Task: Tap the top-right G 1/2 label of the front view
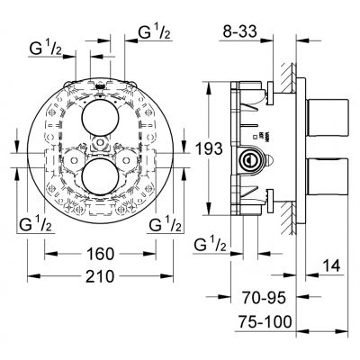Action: [x=154, y=35]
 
